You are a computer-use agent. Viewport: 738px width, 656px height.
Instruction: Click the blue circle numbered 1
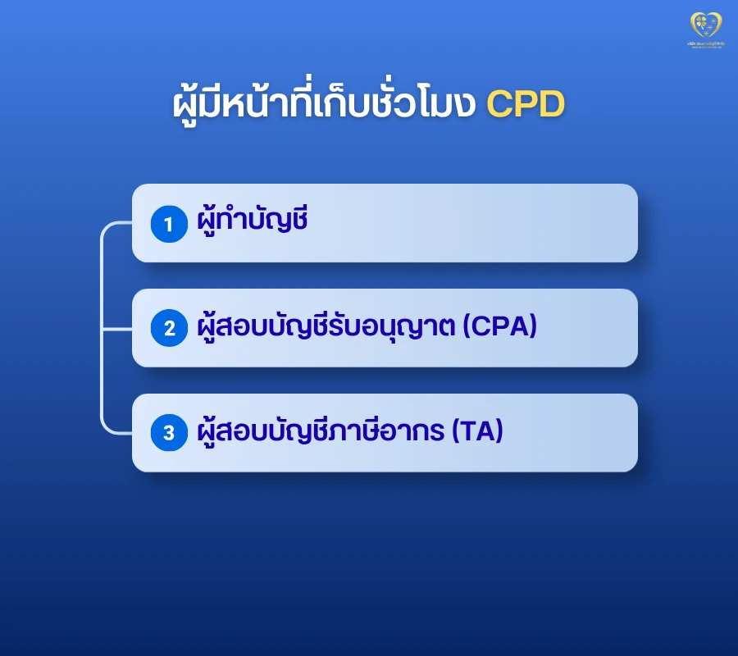point(170,224)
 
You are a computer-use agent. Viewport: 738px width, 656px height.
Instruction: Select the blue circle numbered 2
point(170,328)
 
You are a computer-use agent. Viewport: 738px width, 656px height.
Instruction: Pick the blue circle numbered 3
point(170,433)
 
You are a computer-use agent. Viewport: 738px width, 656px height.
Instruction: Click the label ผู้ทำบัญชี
point(253,221)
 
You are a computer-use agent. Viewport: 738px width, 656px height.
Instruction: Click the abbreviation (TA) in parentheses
point(477,431)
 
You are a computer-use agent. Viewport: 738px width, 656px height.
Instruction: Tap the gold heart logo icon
point(704,23)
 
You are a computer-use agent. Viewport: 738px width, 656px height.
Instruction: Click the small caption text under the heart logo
point(704,43)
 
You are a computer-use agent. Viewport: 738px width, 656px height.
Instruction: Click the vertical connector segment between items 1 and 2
point(102,279)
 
